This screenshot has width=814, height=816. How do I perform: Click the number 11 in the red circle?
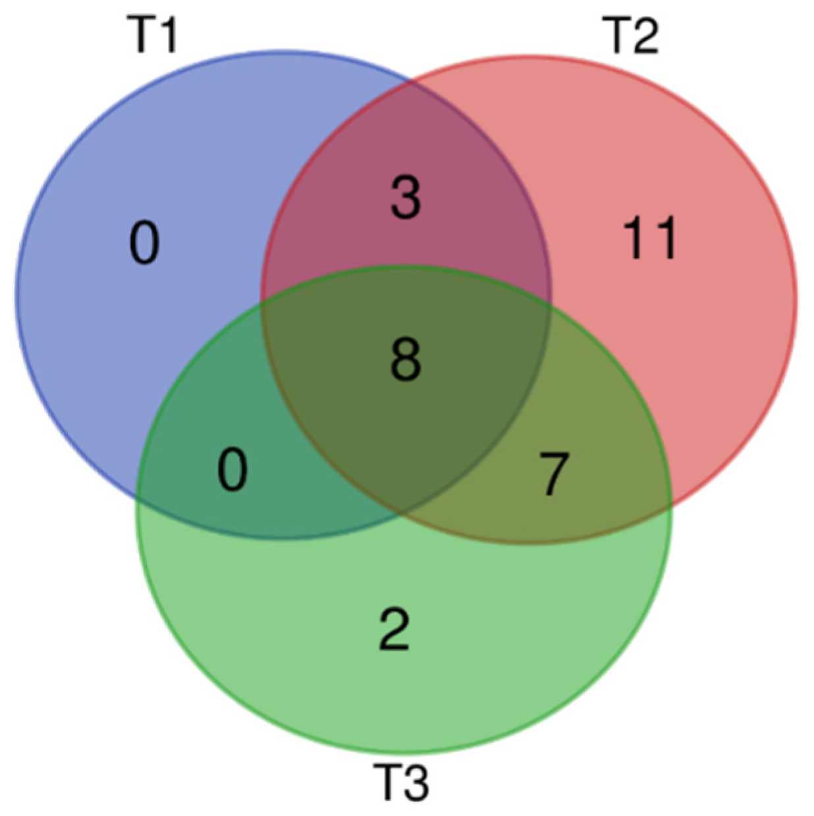pyautogui.click(x=649, y=238)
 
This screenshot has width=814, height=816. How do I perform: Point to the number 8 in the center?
pyautogui.click(x=405, y=360)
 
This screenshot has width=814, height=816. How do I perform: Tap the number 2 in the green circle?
pyautogui.click(x=395, y=630)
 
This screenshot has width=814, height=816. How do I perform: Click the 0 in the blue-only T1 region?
pyautogui.click(x=144, y=243)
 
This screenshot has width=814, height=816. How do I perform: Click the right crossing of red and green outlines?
pyautogui.click(x=671, y=505)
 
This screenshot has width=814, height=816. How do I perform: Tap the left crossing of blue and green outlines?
pyautogui.click(x=137, y=498)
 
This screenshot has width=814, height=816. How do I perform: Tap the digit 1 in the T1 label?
pyautogui.click(x=167, y=35)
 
